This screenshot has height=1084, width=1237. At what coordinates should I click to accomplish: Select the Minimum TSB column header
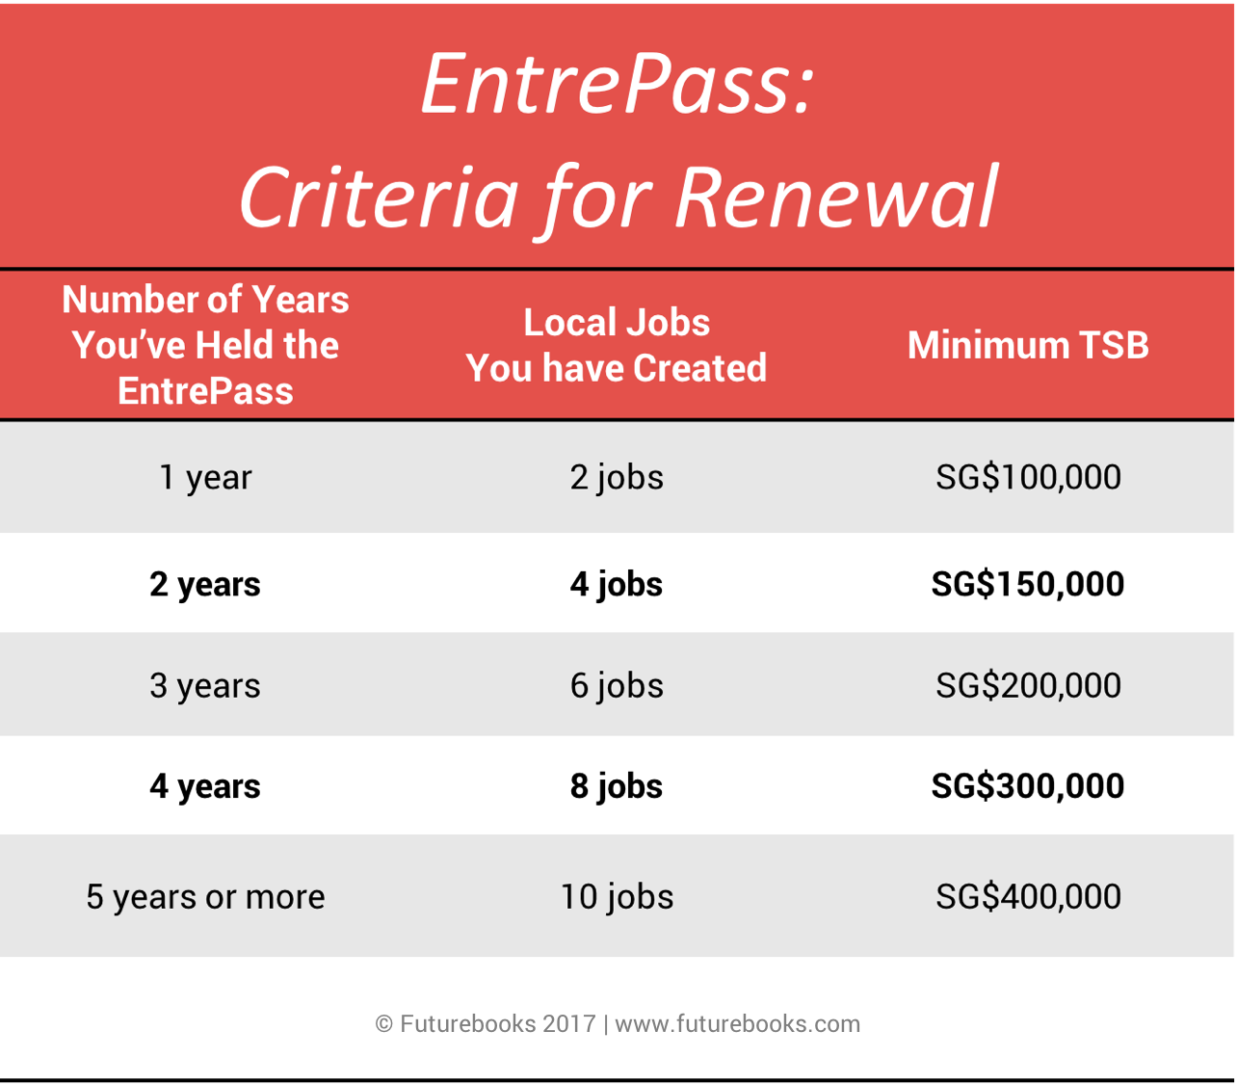[x=1028, y=345]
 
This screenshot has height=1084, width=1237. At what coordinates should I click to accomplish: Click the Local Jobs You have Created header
[x=616, y=345]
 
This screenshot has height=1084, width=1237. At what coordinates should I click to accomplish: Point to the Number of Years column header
[x=205, y=345]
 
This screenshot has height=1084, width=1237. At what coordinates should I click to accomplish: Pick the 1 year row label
[x=205, y=477]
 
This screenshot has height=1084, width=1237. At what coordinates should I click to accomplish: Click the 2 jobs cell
[x=617, y=477]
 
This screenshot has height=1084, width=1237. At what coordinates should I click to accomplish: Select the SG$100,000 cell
[x=1028, y=477]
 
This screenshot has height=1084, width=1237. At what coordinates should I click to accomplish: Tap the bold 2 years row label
[x=205, y=585]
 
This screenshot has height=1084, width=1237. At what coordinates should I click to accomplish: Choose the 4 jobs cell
[x=617, y=585]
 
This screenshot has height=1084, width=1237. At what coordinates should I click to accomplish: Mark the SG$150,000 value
[x=1028, y=584]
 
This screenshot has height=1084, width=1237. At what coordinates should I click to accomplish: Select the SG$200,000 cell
[x=1028, y=685]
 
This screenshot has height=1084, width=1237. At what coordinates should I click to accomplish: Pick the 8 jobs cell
[x=617, y=786]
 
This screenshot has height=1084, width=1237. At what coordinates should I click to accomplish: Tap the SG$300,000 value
[x=1028, y=785]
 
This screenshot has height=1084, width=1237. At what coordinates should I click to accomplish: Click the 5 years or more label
[x=206, y=897]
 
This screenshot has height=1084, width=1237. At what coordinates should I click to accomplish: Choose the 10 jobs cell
[x=617, y=897]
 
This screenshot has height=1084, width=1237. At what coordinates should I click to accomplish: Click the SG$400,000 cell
[x=1028, y=896]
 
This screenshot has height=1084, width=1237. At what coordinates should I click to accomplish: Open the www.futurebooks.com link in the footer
[x=738, y=1023]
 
